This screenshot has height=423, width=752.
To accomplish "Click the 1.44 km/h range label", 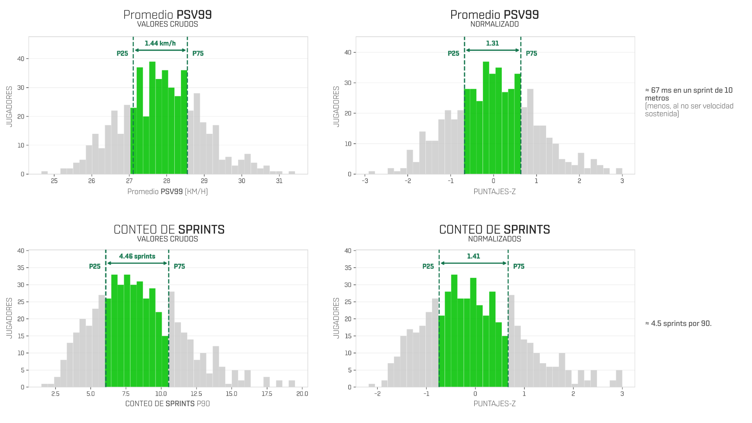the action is tap(160, 43).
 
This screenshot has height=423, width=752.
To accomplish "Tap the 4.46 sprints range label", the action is tap(137, 256).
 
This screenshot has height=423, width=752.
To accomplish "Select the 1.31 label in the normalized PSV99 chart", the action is tap(492, 43).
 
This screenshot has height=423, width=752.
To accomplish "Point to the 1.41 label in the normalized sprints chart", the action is tap(473, 256).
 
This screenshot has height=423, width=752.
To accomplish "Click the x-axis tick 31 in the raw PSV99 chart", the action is tap(279, 181).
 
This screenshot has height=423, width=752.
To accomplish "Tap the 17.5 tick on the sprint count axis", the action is tap(267, 394).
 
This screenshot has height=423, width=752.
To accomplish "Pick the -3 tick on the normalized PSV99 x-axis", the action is tap(365, 181).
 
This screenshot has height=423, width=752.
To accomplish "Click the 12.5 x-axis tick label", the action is tap(196, 394).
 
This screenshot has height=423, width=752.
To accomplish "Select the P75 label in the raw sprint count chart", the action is tap(179, 266).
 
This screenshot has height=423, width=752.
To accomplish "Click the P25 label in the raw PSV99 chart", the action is tap(122, 54).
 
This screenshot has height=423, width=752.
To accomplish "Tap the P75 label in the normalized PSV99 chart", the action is tap(531, 54).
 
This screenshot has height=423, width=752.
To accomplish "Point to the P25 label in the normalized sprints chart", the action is tap(428, 266).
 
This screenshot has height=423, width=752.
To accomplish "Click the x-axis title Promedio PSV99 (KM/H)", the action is tap(168, 192).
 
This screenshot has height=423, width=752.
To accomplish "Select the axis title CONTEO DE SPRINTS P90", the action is tap(168, 404).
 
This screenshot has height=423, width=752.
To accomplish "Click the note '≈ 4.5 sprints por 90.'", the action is tap(678, 324).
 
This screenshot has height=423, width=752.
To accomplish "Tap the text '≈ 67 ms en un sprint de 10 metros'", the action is tap(689, 94).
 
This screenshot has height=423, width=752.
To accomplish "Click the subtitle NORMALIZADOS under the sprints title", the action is tap(495, 239).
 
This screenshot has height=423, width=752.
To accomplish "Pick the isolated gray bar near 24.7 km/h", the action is tap(45, 173).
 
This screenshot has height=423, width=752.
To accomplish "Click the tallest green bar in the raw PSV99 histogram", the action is tap(152, 118).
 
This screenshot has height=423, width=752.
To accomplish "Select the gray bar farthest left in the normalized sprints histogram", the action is tap(372, 385).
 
